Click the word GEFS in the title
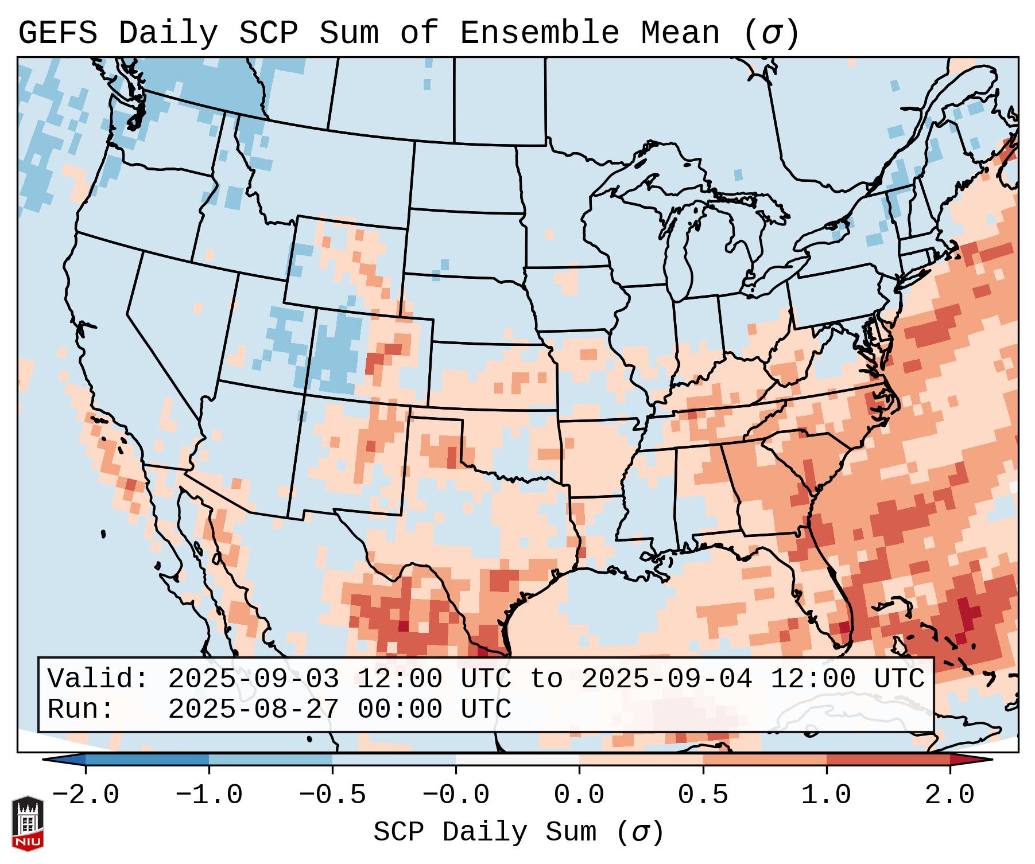coord(57,33)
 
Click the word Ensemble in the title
coord(539,33)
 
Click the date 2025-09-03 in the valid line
coord(253,679)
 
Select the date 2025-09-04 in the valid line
coord(666,679)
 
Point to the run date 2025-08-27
coord(253,710)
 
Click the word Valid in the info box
coord(98,679)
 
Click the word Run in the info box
coord(80,710)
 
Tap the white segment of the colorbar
coord(517,760)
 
